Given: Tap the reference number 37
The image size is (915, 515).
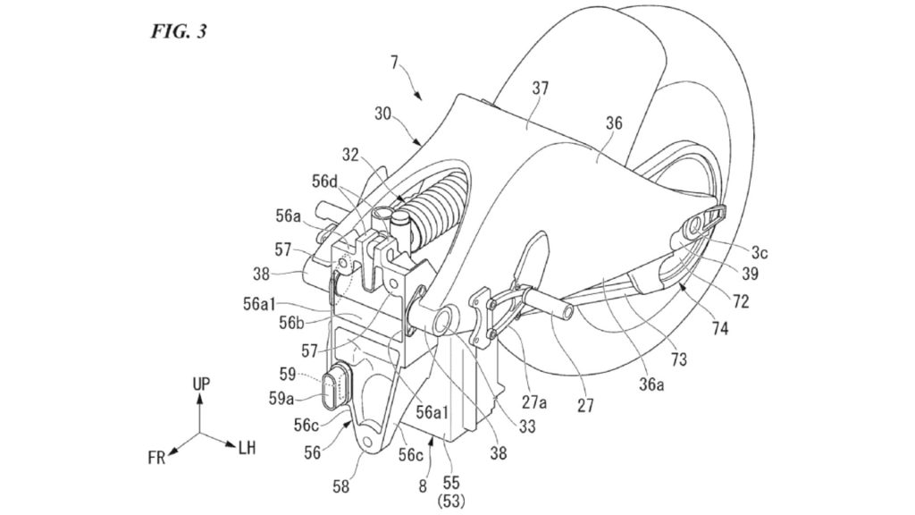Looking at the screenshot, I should point(540,89).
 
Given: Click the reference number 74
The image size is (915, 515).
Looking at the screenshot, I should point(719,330).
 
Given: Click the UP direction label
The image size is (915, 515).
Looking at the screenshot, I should point(201,383).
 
